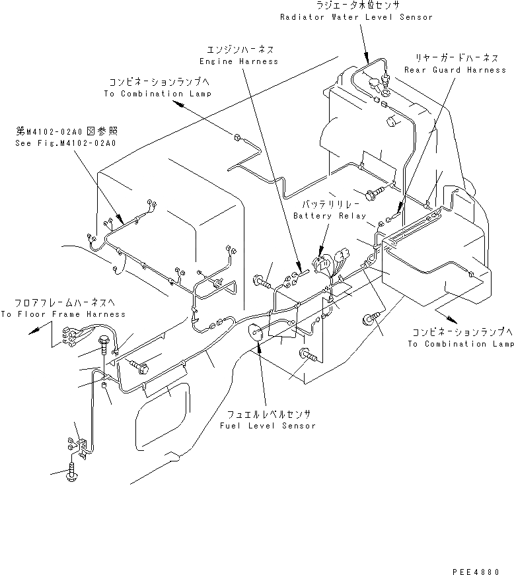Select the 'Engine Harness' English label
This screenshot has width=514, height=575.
(x=239, y=61)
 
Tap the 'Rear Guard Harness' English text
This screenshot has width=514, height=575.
(x=455, y=69)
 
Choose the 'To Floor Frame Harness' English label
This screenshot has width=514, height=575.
(x=63, y=314)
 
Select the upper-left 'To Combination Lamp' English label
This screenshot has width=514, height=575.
(x=157, y=94)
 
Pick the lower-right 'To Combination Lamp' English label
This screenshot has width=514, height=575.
(x=460, y=344)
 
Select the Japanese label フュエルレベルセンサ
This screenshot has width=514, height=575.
(x=268, y=415)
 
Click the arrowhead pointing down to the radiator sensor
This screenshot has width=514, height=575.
(x=365, y=57)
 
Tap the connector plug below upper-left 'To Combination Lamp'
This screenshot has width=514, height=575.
(x=236, y=138)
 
